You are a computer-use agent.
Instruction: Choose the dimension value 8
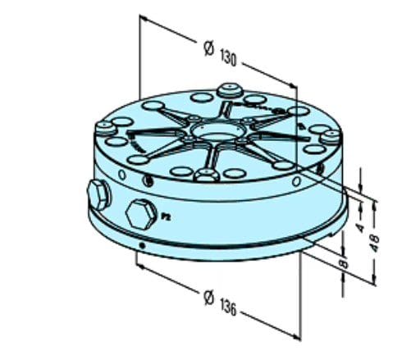pos(343,263)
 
